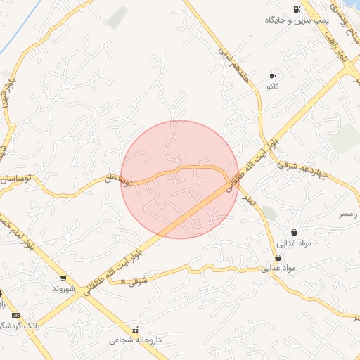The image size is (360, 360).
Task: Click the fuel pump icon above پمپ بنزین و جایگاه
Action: coord(297,9)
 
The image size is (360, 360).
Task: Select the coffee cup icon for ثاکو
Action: coord(272,76)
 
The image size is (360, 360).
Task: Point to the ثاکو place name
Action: coord(271,86)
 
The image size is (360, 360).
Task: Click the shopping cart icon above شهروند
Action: coord(64,278)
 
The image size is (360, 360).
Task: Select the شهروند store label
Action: coord(64,288)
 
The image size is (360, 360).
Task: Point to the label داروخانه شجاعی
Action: coord(135,340)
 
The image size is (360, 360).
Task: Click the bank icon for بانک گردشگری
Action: coord(15,316)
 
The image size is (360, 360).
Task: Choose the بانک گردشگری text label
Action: coord(17,326)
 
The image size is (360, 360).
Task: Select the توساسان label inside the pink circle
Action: coord(118,181)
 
